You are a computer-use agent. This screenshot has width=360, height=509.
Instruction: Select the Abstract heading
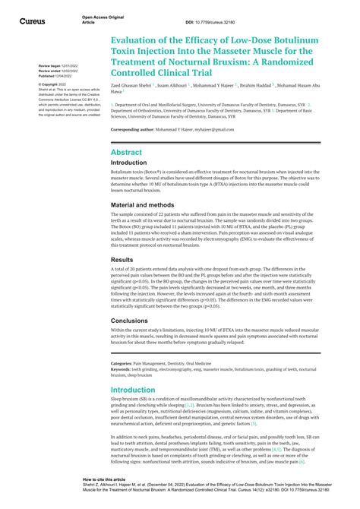126,152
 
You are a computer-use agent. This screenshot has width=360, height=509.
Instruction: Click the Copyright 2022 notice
53,84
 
